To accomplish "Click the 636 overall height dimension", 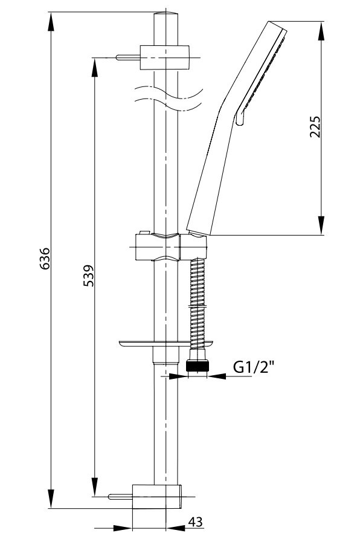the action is tap(45, 259).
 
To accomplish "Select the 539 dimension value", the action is tap(89, 276).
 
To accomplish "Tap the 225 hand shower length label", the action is tap(315, 127).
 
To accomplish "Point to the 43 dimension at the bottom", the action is tap(196, 522).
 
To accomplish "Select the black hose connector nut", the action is tap(197, 366).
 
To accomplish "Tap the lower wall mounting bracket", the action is tap(156, 497).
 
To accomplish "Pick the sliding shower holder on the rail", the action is tap(171, 247).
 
